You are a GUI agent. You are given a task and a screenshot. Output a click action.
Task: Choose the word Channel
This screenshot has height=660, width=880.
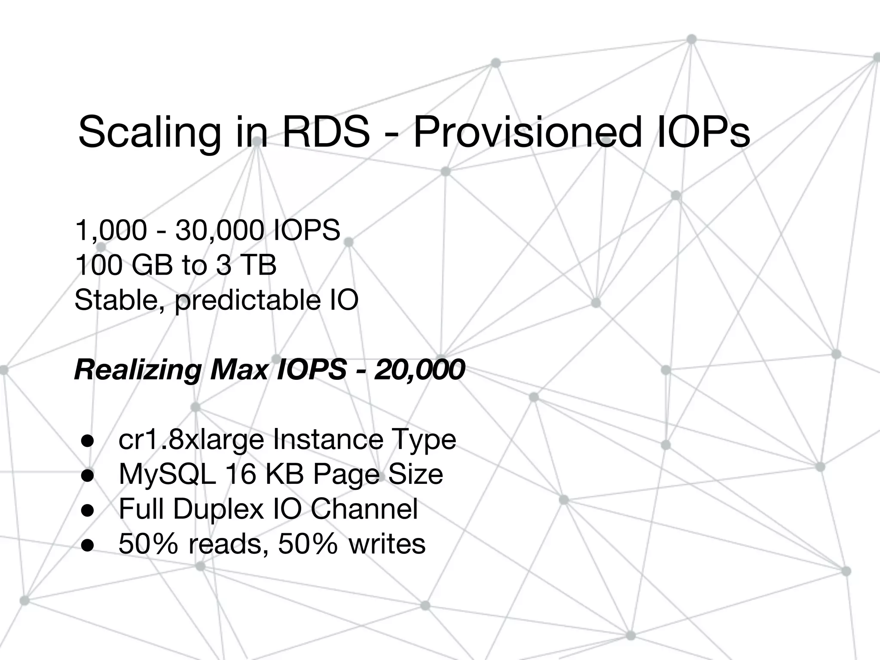(364, 509)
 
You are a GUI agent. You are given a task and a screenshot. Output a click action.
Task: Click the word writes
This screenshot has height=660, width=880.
(387, 544)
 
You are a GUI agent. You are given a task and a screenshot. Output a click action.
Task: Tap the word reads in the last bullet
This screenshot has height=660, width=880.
(225, 544)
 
